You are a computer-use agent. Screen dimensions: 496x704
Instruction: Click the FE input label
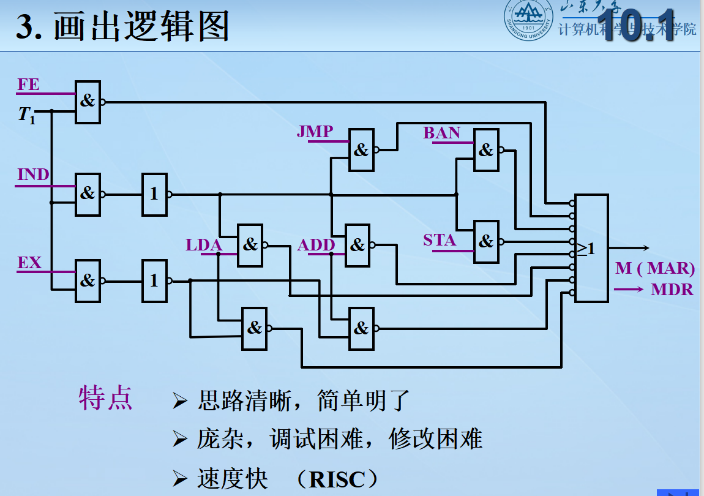[28, 85]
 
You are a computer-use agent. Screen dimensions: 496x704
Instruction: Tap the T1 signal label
[26, 115]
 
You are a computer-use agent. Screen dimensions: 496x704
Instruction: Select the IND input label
[33, 175]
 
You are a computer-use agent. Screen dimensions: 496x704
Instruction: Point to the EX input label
[29, 263]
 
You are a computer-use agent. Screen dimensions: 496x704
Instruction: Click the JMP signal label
[315, 132]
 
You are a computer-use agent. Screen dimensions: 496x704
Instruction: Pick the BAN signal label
[441, 133]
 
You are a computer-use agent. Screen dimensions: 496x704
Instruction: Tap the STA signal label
[440, 241]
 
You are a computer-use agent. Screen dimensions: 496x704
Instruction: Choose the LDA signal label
[203, 246]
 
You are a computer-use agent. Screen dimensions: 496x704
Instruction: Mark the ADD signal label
[316, 246]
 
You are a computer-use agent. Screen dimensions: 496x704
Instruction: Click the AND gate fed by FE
[88, 102]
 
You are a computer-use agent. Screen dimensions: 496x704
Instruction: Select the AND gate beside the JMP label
[361, 150]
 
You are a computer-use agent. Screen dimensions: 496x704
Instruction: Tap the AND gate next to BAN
[486, 150]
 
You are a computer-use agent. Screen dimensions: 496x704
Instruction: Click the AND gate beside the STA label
[486, 241]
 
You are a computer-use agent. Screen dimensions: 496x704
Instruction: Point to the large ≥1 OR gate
[591, 249]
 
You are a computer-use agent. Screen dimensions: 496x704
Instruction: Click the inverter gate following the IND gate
[154, 195]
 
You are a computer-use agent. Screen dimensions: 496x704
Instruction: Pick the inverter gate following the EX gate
[154, 281]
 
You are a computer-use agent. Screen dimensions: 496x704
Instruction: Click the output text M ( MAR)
[655, 268]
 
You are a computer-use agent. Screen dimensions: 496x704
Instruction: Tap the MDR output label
[672, 290]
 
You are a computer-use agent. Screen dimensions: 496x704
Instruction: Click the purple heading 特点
[105, 399]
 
